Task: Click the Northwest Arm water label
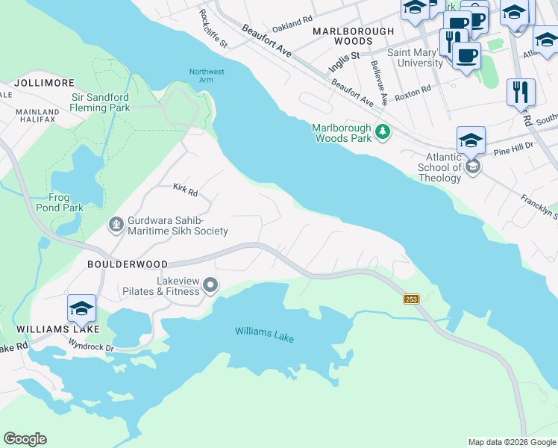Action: [207, 76]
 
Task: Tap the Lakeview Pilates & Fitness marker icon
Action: [210, 284]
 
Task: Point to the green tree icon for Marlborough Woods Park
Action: [383, 132]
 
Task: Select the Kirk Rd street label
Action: [185, 192]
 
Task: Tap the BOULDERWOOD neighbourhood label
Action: [127, 264]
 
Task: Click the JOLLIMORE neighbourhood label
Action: [40, 82]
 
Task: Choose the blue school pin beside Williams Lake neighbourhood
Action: [82, 308]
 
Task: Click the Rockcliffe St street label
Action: [213, 28]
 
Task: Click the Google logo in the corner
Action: [25, 439]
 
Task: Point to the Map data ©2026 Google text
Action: [511, 442]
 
